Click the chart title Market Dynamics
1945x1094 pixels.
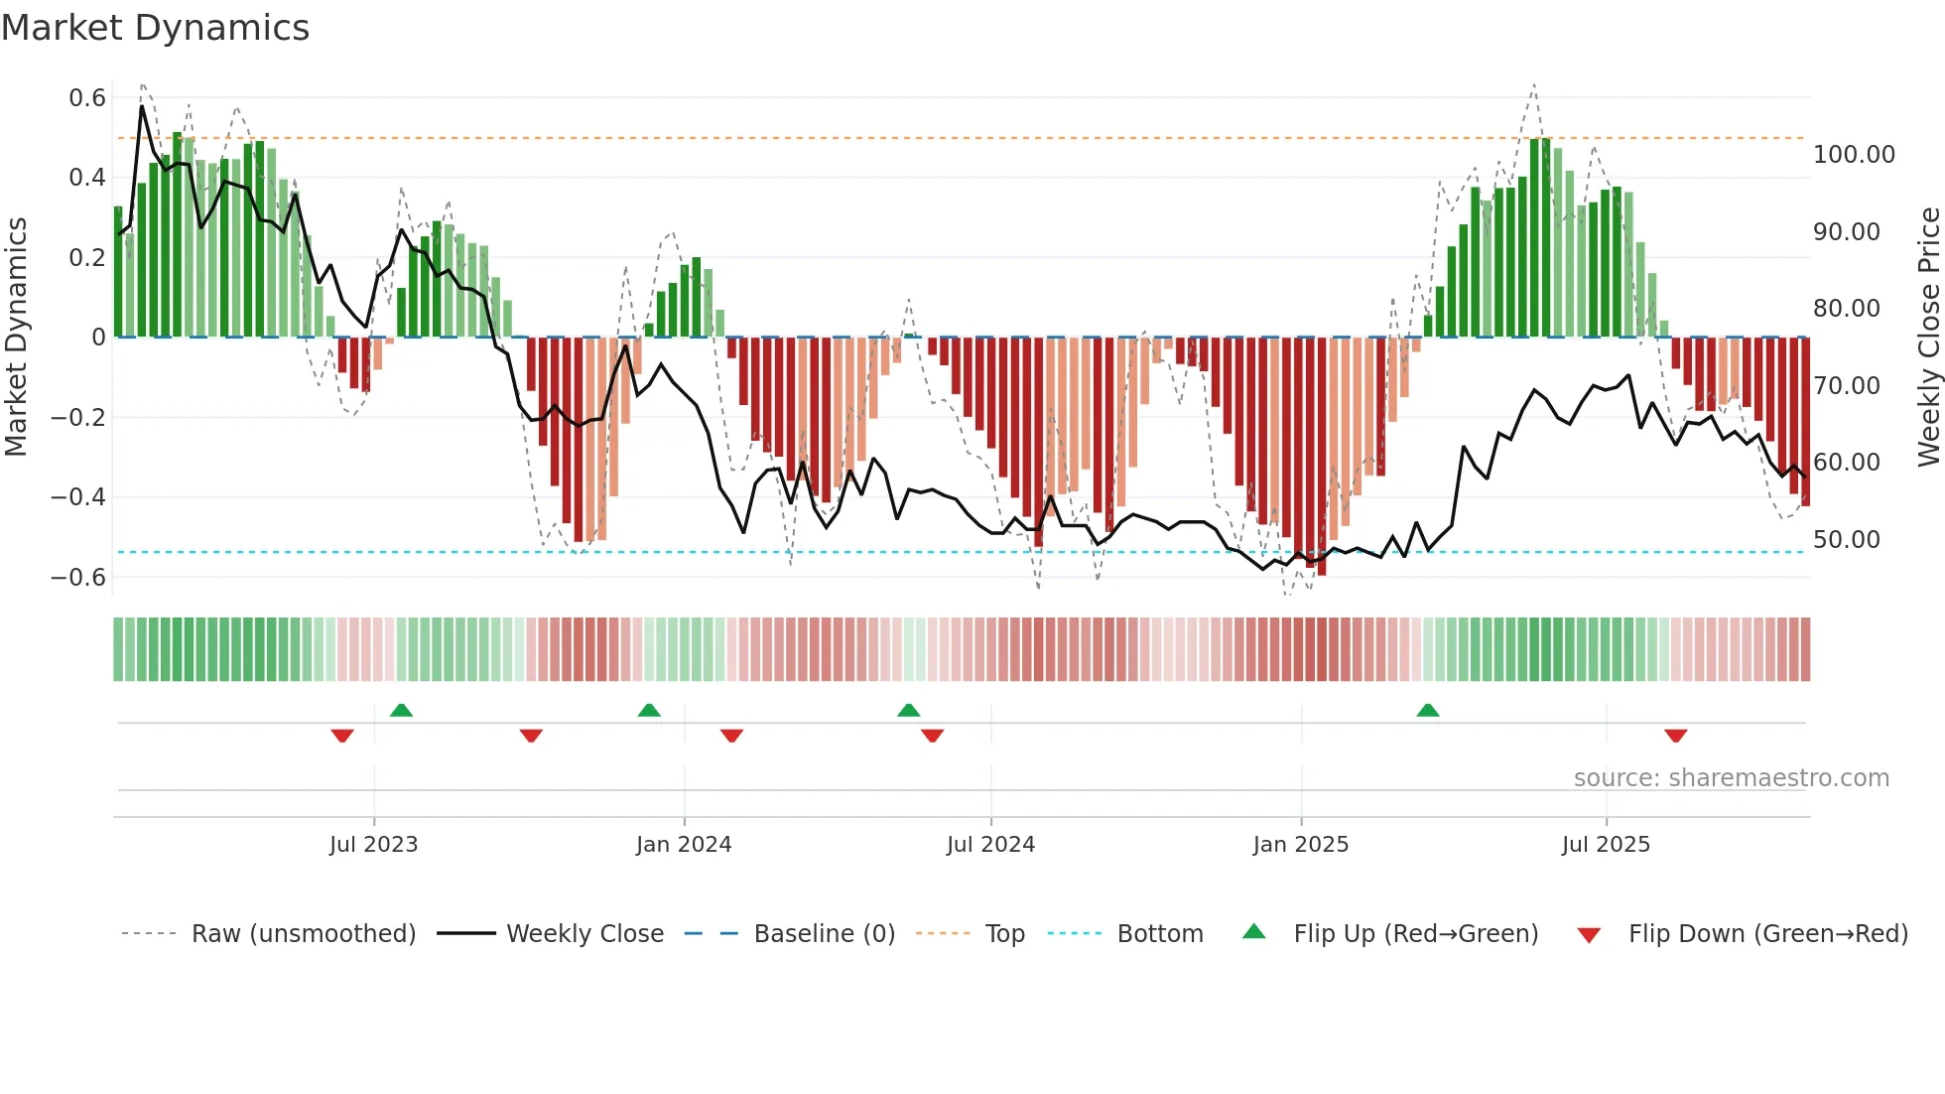[x=155, y=28]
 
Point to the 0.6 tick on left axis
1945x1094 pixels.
[x=87, y=97]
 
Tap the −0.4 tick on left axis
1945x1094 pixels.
[x=78, y=496]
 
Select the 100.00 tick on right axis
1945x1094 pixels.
[x=1854, y=155]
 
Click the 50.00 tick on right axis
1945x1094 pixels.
[x=1847, y=540]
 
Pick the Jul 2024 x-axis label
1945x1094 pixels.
[x=990, y=845]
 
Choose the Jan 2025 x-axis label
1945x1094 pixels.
[x=1300, y=845]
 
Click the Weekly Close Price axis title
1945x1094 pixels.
[x=1928, y=338]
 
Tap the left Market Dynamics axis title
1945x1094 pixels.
[x=17, y=338]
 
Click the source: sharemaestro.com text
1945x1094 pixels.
[x=1731, y=778]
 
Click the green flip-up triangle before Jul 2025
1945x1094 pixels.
[x=1427, y=711]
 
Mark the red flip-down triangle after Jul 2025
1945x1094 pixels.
[x=1675, y=736]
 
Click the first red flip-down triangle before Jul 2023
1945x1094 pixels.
[x=342, y=736]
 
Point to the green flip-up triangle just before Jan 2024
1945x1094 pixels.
[x=649, y=711]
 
